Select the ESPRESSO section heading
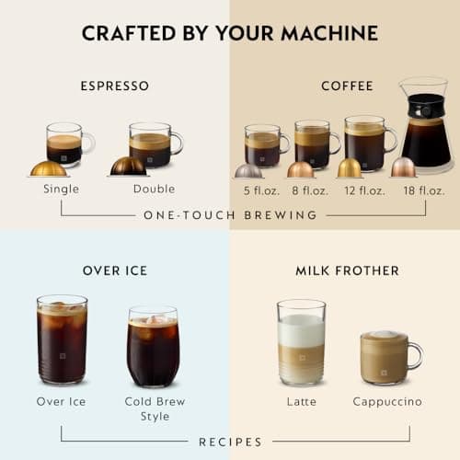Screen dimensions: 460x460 pos(114,86)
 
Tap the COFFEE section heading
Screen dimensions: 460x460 pos(347,86)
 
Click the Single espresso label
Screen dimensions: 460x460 pos(61,190)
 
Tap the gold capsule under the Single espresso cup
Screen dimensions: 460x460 pos(48,168)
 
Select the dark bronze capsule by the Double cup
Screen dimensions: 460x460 pos(128,166)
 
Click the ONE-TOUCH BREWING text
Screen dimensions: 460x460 pos(230,215)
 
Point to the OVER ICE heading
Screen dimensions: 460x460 pos(114,270)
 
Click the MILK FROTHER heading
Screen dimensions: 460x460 pos(347,270)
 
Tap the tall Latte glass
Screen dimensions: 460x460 pos(301,342)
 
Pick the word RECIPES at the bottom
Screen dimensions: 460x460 pos(230,442)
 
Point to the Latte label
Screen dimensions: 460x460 pos(301,402)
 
